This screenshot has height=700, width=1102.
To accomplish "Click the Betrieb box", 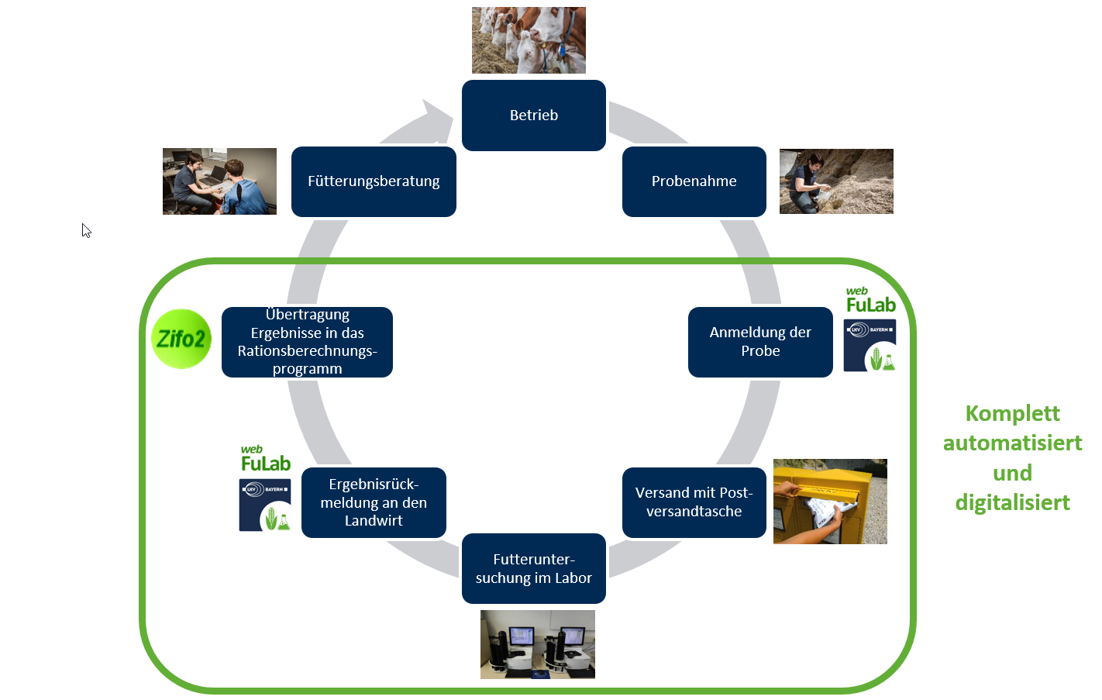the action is click(534, 116).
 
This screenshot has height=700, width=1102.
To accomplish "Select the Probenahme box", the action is click(694, 181).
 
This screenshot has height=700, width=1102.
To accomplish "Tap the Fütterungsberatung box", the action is click(374, 181).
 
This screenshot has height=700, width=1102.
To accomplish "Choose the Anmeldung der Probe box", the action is click(760, 342).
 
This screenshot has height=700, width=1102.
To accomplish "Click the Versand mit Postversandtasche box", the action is click(694, 502).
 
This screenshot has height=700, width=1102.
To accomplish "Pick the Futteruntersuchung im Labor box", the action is click(534, 568).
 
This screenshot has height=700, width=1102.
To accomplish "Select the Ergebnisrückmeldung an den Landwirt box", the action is click(374, 502).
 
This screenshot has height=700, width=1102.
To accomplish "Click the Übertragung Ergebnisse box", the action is click(307, 342).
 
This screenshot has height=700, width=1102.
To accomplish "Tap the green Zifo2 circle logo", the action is click(181, 339).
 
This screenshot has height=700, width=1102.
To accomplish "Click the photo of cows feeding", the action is click(529, 40).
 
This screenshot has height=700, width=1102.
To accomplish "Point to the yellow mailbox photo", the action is click(831, 502).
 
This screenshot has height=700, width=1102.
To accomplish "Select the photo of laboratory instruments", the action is click(538, 644).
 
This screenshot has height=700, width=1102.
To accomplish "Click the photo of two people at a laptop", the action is click(219, 181).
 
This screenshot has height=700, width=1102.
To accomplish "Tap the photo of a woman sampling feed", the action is click(836, 181).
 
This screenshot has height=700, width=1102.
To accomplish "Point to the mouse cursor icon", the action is click(86, 230).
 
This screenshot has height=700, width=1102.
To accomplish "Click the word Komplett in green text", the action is click(1012, 414).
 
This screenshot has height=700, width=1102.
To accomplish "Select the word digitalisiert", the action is click(1012, 502).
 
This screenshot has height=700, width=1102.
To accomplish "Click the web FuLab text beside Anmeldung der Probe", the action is click(871, 300).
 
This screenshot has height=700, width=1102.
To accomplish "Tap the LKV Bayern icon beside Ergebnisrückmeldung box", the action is click(265, 505).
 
